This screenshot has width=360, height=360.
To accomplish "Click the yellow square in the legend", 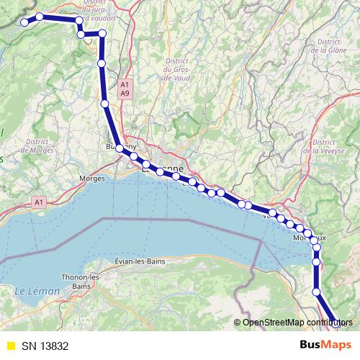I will (x=10, y=345).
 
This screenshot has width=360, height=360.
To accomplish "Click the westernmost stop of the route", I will (x=24, y=22).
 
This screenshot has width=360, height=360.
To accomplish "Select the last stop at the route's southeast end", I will (x=336, y=323).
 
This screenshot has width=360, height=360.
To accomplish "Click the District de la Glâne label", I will (x=328, y=46).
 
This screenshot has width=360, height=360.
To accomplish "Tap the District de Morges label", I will (x=34, y=146).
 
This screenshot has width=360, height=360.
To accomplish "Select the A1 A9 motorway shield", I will (x=125, y=89).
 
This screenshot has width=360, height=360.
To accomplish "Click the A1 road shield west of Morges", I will (x=40, y=203).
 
